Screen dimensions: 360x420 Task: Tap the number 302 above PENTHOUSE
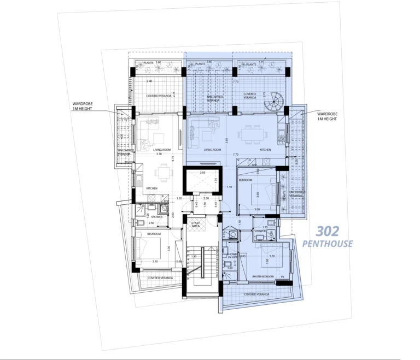coord(328,232)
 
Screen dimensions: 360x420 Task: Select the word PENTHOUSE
coord(328,244)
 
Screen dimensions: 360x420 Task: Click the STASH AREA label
coord(195,225)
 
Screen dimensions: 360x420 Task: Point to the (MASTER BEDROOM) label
coord(262,277)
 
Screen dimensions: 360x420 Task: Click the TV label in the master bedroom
coord(282,277)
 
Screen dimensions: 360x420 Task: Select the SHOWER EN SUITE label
coord(233,255)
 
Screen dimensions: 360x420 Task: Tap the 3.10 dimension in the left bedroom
coord(155,262)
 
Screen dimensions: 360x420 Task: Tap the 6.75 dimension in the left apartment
coord(172,158)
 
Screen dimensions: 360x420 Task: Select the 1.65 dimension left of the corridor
coord(179,198)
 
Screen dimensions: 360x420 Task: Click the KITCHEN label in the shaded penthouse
coord(265,149)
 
